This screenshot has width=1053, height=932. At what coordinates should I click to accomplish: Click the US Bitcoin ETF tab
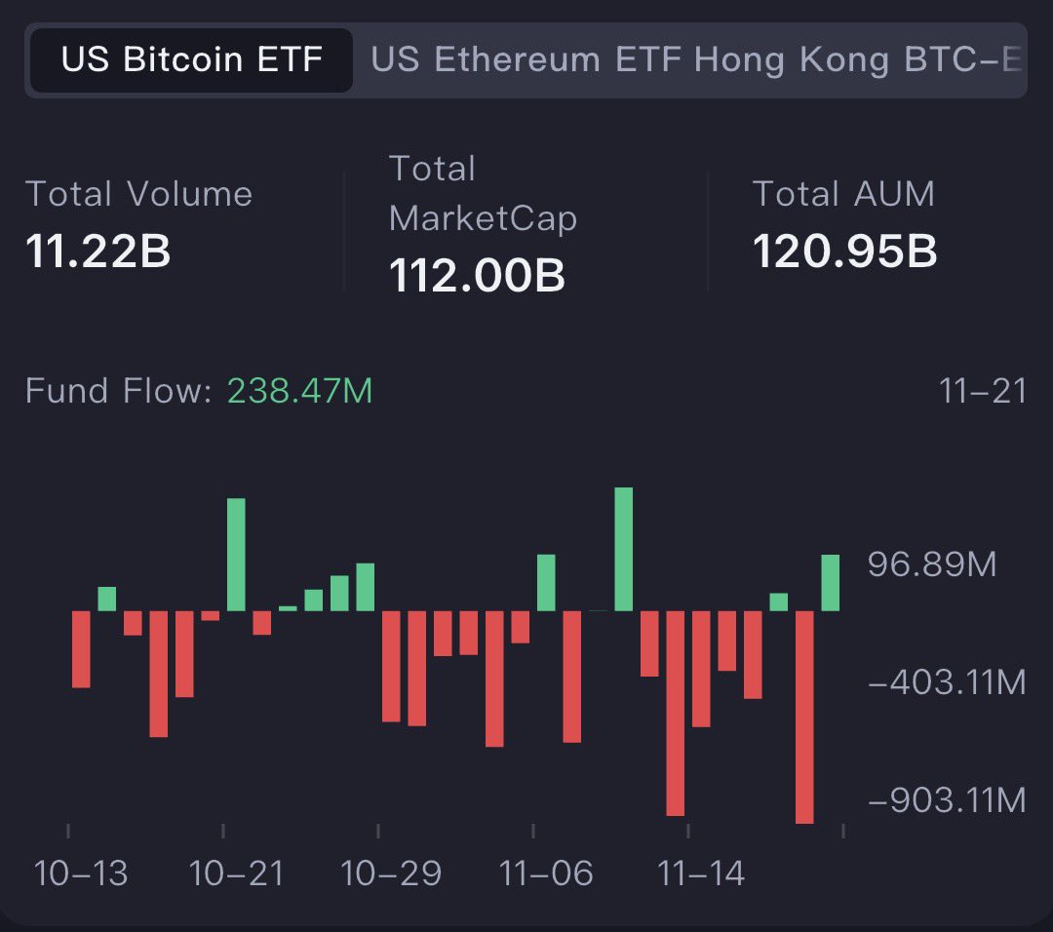(191, 60)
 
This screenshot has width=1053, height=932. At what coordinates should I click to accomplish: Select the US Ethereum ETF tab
(526, 60)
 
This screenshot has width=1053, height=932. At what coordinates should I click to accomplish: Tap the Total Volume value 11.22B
(97, 252)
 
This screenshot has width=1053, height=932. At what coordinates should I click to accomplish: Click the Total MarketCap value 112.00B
(477, 275)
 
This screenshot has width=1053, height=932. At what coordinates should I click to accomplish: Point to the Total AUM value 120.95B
(844, 252)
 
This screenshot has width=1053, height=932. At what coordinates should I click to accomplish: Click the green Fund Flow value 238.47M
(299, 391)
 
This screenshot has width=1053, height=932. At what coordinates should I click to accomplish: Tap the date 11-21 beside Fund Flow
(983, 391)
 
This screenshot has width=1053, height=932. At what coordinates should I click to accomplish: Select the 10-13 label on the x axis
(81, 873)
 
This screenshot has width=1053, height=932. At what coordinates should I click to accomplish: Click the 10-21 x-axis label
(236, 873)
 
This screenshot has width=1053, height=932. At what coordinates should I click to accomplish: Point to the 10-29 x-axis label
(391, 873)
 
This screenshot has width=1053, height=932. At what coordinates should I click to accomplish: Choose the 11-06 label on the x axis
(546, 873)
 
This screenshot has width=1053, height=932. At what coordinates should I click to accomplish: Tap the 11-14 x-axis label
(701, 873)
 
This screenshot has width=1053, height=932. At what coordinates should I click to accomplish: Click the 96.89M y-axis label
(932, 563)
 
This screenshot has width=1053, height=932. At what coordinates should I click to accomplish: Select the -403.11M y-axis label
(946, 682)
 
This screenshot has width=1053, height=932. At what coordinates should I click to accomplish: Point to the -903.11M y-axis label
(946, 800)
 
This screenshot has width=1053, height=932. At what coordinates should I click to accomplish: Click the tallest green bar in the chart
(624, 549)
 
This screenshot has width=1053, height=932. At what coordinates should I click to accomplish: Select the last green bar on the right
(830, 582)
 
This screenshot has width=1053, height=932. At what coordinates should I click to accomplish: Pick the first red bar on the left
(81, 649)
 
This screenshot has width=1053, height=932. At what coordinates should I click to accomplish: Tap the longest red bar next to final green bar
(804, 717)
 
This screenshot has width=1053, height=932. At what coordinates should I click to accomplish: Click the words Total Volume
(138, 194)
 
